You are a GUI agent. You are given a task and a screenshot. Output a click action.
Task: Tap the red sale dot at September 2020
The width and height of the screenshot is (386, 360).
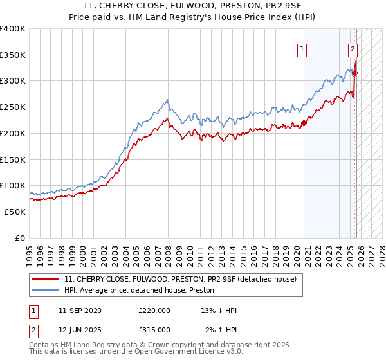(304, 123)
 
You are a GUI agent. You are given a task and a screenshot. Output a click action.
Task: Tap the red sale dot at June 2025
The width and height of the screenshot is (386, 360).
(354, 73)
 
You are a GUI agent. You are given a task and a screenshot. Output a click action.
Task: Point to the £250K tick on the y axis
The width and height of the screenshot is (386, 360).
(13, 107)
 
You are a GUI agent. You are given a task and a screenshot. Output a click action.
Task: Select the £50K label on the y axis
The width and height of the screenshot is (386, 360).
(15, 212)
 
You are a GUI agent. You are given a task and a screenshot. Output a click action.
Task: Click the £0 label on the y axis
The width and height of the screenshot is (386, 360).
(20, 238)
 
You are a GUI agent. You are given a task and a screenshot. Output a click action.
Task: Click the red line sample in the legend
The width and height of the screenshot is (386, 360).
(46, 279)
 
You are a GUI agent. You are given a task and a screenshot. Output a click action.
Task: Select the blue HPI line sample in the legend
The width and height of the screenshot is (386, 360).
(46, 290)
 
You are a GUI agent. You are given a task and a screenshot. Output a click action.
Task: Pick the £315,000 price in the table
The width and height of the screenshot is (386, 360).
(154, 329)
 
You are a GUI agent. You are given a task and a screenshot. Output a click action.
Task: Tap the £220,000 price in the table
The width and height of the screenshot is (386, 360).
(154, 310)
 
